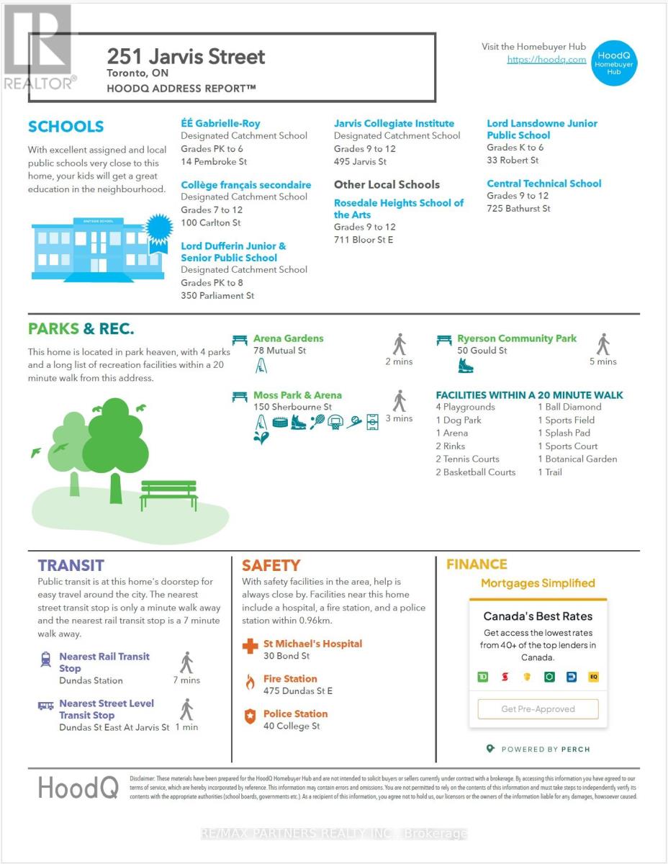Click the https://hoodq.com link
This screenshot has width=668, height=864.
point(546,60)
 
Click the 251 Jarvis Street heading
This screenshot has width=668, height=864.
point(186,56)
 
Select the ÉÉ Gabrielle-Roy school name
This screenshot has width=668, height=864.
point(220,123)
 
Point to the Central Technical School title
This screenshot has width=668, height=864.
point(543,184)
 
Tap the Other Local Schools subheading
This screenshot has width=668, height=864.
point(387,184)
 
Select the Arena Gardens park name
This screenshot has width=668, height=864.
point(288,338)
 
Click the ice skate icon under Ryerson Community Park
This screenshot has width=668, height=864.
point(466,366)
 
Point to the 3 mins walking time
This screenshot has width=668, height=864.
point(399,418)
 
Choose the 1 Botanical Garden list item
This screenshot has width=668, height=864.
point(577,459)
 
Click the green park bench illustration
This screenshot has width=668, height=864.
point(168,495)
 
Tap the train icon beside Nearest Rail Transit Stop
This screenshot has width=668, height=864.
point(45,657)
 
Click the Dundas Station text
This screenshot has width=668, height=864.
point(91,680)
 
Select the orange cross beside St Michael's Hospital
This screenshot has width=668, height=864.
point(250,647)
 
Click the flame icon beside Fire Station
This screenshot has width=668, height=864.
point(250,682)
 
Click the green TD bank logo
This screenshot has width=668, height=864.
point(483,677)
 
